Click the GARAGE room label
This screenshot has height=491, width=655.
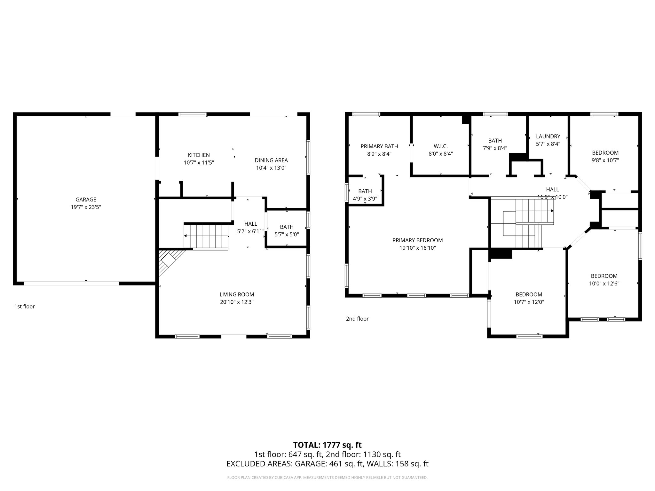tap(86, 199)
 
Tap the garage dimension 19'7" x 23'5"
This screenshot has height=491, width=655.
tap(86, 207)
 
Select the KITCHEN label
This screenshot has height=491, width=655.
tap(199, 155)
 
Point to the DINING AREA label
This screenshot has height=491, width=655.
tap(271, 160)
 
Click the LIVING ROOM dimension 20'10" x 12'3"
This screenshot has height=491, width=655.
tap(237, 302)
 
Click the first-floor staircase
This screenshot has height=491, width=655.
tap(206, 237)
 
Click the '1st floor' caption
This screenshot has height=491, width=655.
tap(25, 307)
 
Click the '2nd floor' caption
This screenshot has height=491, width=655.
tap(357, 319)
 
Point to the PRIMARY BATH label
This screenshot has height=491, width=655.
tap(379, 146)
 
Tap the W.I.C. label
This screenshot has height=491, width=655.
tap(440, 146)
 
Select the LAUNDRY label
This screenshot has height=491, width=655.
tap(548, 136)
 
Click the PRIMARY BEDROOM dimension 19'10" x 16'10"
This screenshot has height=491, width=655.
tap(417, 248)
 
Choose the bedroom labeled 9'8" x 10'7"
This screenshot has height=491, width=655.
tap(605, 157)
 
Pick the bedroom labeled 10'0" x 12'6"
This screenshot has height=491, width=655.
tap(604, 280)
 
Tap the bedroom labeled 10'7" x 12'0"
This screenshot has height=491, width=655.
tap(529, 298)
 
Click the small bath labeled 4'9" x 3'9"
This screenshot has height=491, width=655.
tap(365, 195)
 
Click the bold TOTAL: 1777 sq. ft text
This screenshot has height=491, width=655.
tap(327, 445)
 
